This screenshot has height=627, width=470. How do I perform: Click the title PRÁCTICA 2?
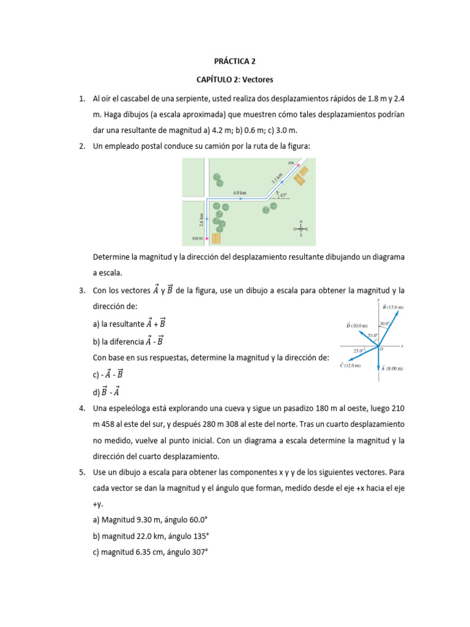click(x=234, y=61)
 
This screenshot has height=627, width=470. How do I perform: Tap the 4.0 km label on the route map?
click(x=239, y=192)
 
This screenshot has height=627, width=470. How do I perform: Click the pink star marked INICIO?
click(x=207, y=238)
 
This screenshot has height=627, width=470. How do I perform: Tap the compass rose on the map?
click(x=300, y=229)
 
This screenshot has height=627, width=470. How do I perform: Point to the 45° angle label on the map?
click(x=283, y=195)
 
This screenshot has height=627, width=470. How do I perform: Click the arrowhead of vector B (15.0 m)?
click(x=398, y=312)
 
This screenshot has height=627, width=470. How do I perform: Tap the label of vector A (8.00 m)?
click(x=395, y=369)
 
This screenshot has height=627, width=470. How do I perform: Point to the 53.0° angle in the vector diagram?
click(x=372, y=336)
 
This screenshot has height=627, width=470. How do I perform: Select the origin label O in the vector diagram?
click(x=382, y=349)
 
